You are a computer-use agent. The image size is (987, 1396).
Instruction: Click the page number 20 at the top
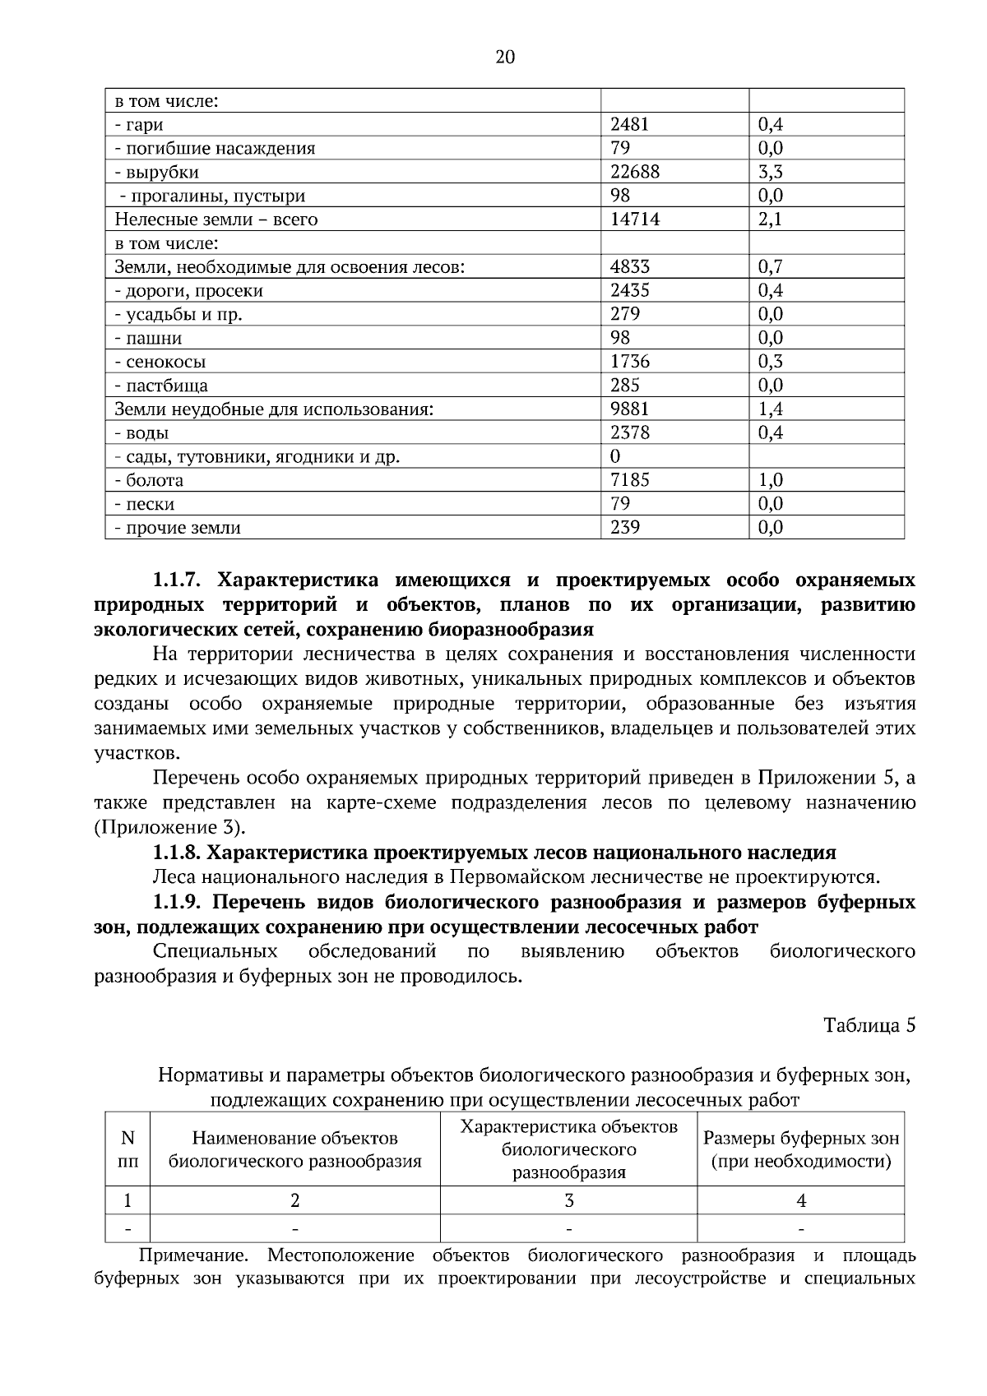coord(505,57)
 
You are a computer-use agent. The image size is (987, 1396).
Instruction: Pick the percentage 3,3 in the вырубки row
coord(770,172)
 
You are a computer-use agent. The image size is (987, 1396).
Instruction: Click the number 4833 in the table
coord(629,266)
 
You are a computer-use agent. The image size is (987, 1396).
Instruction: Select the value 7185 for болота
coord(629,480)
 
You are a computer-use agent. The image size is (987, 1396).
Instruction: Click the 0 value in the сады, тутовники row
coord(615,456)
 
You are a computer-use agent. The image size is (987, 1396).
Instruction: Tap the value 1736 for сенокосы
coord(629,362)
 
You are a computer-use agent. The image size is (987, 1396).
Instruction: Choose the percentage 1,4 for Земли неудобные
coord(770,409)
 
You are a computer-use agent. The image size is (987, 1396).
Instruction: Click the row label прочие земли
coord(178,528)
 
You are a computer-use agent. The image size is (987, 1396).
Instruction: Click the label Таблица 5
coord(869,1025)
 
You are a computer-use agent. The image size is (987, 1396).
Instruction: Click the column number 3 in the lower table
coord(568,1200)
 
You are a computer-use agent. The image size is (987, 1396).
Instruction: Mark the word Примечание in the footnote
coord(194,1255)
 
